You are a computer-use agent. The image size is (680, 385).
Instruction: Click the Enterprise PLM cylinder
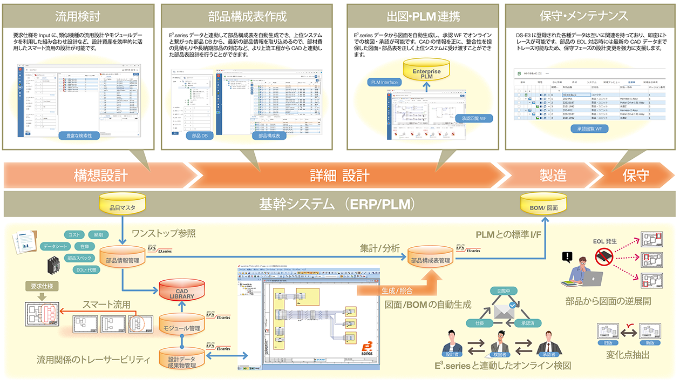[x=427, y=72]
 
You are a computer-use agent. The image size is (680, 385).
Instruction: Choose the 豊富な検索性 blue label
[x=81, y=136]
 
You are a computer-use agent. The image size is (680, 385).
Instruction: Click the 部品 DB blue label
[x=200, y=136]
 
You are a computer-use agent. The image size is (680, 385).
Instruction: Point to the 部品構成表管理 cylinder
[x=430, y=259]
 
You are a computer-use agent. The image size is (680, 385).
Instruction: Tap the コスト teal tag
[x=74, y=234]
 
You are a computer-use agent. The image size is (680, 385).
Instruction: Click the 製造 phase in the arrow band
[x=553, y=175]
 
